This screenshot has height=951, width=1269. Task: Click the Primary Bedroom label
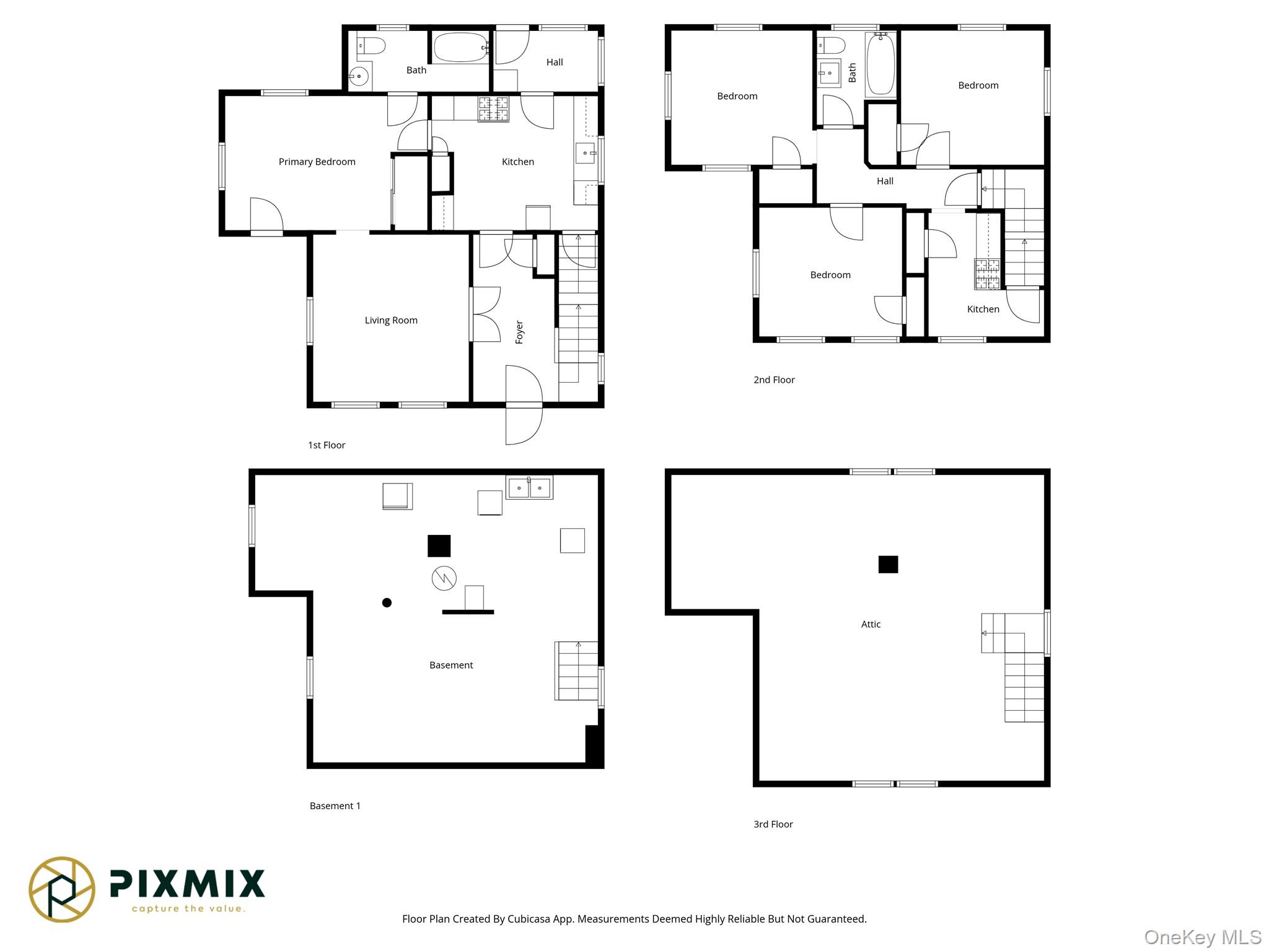click(317, 162)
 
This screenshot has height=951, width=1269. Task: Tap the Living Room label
click(390, 320)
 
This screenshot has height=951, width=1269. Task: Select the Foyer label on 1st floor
click(519, 332)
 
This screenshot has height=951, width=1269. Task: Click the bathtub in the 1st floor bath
click(461, 47)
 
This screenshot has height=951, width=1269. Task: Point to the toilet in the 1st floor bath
click(372, 45)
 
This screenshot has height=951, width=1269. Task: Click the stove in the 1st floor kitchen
click(493, 109)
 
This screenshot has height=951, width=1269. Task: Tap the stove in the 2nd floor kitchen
click(987, 274)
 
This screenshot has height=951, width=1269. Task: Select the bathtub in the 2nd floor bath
click(880, 64)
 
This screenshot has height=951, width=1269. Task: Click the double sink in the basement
click(529, 488)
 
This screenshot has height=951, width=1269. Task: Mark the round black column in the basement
click(387, 602)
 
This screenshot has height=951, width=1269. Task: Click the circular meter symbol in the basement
click(444, 578)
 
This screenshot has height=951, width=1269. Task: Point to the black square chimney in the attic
click(887, 564)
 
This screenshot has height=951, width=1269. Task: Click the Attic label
click(870, 624)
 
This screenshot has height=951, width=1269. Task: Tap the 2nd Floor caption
click(773, 380)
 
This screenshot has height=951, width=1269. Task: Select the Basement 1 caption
click(335, 806)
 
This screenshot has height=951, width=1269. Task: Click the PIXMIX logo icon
click(62, 889)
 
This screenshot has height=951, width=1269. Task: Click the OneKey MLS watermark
click(1202, 937)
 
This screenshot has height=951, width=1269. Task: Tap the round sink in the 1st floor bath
click(358, 77)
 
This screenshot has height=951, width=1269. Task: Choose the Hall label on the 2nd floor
click(884, 181)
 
